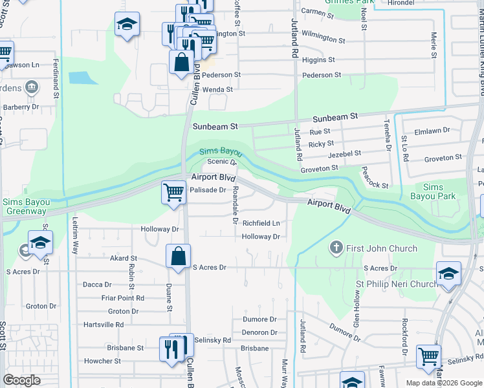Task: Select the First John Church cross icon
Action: click(x=335, y=247)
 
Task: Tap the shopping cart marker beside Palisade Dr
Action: click(x=173, y=192)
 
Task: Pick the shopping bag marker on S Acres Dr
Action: click(x=178, y=255)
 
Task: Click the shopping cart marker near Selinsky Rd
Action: click(x=428, y=356)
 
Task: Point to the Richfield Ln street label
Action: click(x=261, y=223)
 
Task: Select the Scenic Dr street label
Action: click(x=223, y=162)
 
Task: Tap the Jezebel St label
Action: click(x=344, y=154)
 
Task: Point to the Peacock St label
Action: click(x=375, y=180)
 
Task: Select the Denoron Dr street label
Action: click(x=259, y=332)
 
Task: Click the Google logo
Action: click(x=21, y=380)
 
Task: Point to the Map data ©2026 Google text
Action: click(x=443, y=383)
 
